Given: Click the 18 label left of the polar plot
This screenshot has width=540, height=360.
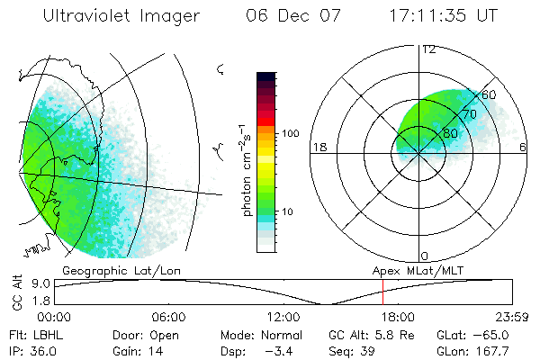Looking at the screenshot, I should (x=318, y=148).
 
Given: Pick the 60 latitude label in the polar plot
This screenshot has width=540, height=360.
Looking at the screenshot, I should (x=490, y=94).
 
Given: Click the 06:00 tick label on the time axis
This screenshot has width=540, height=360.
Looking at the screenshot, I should (x=169, y=317).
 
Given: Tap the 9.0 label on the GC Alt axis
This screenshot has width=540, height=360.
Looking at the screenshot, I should (x=39, y=283).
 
